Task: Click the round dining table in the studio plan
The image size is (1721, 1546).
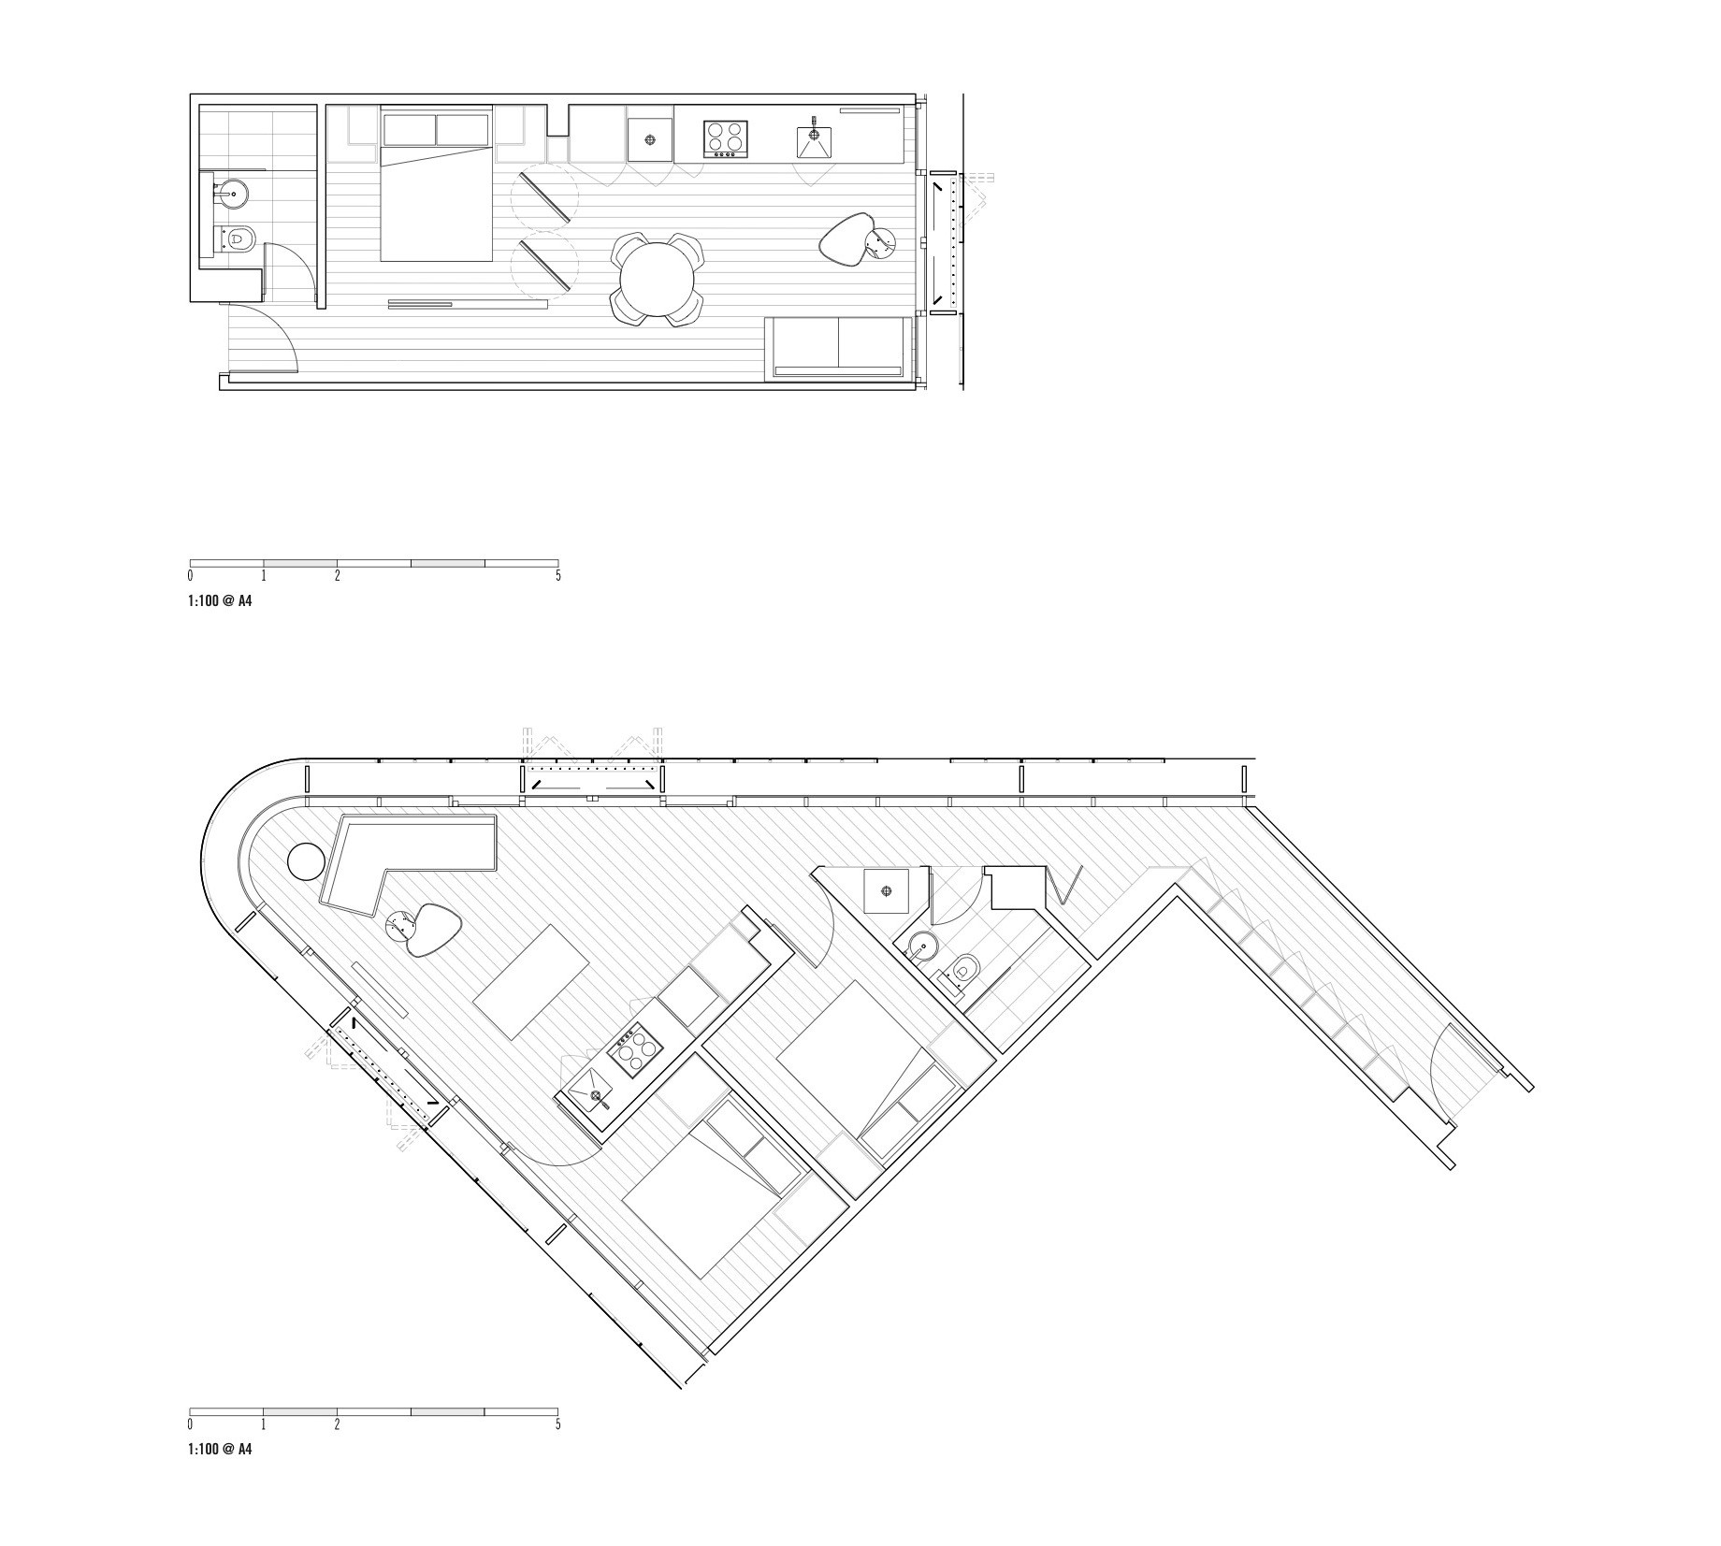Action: pyautogui.click(x=658, y=280)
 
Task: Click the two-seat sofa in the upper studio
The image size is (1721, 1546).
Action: pyautogui.click(x=838, y=347)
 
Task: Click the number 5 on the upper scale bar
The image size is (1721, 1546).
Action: pyautogui.click(x=558, y=576)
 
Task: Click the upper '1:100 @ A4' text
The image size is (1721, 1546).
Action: pyautogui.click(x=220, y=601)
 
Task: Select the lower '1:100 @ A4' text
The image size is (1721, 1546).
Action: pyautogui.click(x=220, y=1450)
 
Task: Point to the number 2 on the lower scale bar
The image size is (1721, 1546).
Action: pyautogui.click(x=338, y=1424)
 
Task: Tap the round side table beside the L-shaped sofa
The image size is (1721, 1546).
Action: pyautogui.click(x=304, y=861)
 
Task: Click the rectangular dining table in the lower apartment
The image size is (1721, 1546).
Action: pyautogui.click(x=531, y=982)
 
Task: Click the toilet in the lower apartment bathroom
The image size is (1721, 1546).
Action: pyautogui.click(x=962, y=970)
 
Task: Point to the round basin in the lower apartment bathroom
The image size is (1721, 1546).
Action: pyautogui.click(x=920, y=947)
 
